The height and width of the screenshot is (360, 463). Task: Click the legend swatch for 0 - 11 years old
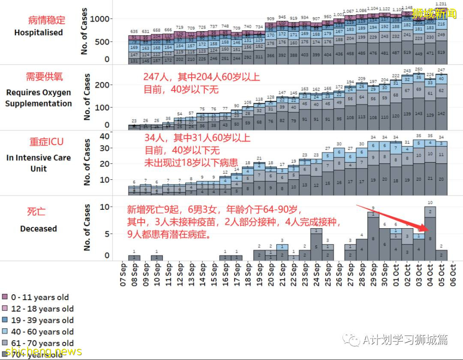pyautogui.click(x=5, y=297)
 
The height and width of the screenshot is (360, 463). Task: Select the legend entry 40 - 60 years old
pyautogui.click(x=42, y=332)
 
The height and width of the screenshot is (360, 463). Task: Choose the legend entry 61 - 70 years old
pyautogui.click(x=42, y=343)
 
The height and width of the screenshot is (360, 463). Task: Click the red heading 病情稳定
pyautogui.click(x=47, y=20)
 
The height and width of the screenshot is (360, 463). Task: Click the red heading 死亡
pyautogui.click(x=36, y=212)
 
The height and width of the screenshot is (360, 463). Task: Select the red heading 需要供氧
pyautogui.click(x=44, y=76)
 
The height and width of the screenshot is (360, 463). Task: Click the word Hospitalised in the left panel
pyautogui.click(x=39, y=33)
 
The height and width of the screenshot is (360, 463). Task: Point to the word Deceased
pyautogui.click(x=39, y=229)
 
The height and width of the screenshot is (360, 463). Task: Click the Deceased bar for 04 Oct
pyautogui.click(x=430, y=234)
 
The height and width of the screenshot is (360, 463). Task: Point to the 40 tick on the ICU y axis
pyautogui.click(x=105, y=136)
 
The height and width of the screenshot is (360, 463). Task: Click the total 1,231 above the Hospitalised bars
pyautogui.click(x=441, y=4)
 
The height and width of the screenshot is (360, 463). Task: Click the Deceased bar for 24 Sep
pyautogui.click(x=316, y=245)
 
